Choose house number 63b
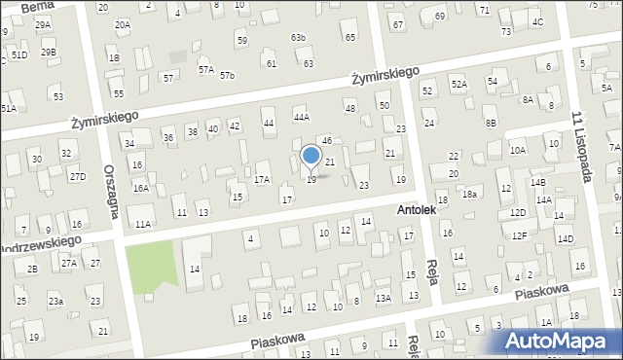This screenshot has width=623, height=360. click(298, 38)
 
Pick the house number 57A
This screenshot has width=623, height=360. click(205, 70)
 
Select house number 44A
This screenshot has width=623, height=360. click(302, 117)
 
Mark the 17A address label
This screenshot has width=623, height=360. click(262, 180)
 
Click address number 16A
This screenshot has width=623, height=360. click(141, 188)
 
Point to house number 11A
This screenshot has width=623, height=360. click(143, 224)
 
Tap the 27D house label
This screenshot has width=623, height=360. click(77, 176)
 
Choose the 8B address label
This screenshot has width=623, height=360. click(492, 123)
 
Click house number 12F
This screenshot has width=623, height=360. click(520, 235)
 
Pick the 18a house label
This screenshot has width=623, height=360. click(469, 195)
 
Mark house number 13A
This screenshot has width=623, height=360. click(383, 298)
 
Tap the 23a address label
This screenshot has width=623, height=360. click(56, 302)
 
